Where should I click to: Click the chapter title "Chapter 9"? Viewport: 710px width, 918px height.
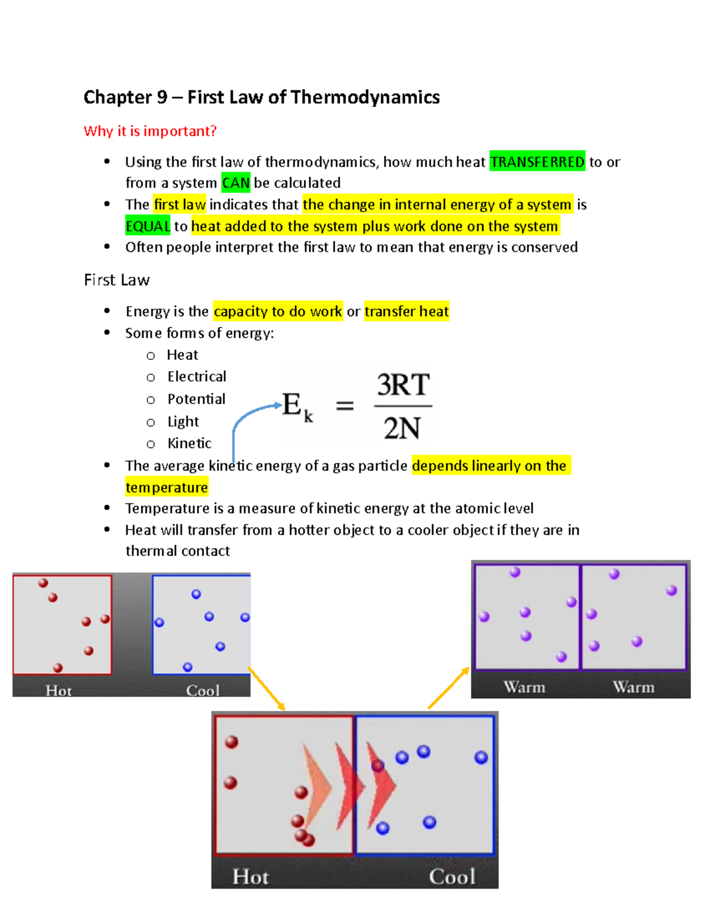[125, 98]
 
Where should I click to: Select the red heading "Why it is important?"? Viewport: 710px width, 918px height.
[150, 131]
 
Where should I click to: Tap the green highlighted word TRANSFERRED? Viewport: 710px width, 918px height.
[537, 162]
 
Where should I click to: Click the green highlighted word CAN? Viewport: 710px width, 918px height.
[235, 183]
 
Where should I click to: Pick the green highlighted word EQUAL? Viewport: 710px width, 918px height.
[148, 226]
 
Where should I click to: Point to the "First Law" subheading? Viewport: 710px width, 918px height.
[117, 280]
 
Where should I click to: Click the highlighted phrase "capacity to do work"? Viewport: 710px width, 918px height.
[277, 312]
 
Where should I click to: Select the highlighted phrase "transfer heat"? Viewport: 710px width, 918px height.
[406, 312]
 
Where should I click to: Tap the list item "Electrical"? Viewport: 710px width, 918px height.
[196, 377]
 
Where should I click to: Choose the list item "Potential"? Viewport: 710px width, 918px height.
[196, 400]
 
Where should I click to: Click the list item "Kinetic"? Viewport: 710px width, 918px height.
[189, 443]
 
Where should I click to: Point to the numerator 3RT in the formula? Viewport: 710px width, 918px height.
[403, 385]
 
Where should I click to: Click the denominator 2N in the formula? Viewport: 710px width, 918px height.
[402, 429]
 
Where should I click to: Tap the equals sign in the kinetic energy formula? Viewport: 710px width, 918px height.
[345, 406]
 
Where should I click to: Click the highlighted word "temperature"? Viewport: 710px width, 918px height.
[166, 488]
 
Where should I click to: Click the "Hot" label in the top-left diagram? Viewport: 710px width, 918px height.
[59, 690]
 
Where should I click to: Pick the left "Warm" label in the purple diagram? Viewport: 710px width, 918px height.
[524, 687]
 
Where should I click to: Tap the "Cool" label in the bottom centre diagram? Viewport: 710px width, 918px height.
[451, 877]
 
